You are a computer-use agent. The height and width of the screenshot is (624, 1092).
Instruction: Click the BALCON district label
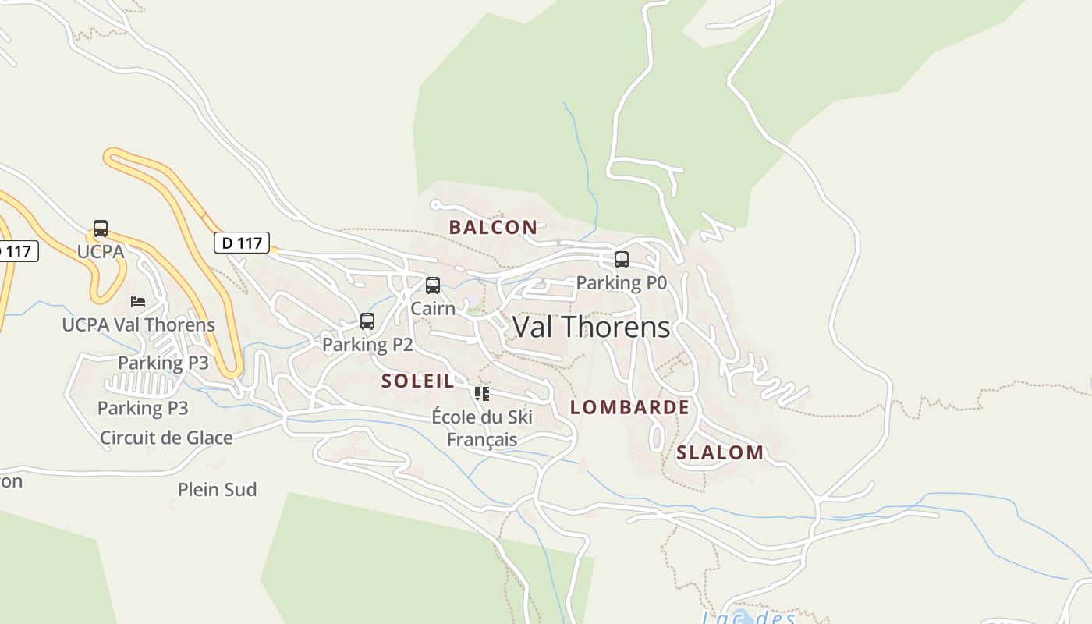(x=493, y=227)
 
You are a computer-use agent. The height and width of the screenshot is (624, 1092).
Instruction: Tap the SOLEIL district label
(x=417, y=381)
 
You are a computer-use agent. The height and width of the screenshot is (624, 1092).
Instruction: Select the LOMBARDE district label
(x=629, y=407)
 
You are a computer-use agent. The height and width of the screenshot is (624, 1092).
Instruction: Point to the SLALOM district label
(x=720, y=452)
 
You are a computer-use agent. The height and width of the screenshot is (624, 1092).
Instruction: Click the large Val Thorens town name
(x=591, y=327)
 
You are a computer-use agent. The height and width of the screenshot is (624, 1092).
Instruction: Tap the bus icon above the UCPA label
(x=101, y=229)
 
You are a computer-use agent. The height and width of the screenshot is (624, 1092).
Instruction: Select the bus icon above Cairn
(x=433, y=285)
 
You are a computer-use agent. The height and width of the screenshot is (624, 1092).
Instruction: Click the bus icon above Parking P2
(x=367, y=321)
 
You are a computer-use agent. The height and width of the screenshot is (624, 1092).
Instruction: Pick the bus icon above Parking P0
(x=622, y=259)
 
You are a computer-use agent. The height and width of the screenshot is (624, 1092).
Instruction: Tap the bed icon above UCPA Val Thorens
(x=138, y=302)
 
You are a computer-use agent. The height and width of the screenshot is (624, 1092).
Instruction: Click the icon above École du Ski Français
(x=482, y=394)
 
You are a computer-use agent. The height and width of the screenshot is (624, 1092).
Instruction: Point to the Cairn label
(x=433, y=308)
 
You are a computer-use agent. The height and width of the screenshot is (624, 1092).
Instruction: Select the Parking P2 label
(x=367, y=344)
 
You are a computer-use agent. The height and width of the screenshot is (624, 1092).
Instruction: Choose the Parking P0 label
(x=622, y=282)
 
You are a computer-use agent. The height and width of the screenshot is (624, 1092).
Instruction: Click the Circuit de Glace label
(x=166, y=438)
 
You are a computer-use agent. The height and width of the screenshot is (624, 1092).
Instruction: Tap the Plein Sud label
(x=217, y=490)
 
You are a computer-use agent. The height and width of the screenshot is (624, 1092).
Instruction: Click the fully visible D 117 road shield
(x=242, y=243)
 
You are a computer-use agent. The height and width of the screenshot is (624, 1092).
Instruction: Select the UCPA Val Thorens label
(x=138, y=324)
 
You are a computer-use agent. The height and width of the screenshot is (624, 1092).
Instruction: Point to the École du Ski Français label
(x=482, y=428)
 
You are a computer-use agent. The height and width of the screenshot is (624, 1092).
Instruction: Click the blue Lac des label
(x=748, y=617)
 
